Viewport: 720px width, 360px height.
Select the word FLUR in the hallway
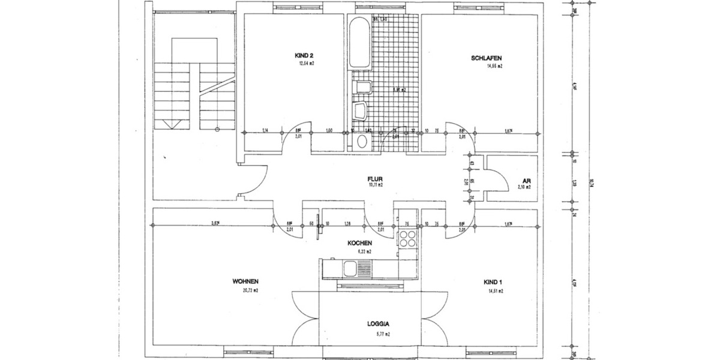tap(376, 179)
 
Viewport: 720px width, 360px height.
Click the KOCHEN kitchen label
tap(361, 243)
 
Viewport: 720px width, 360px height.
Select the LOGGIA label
tap(379, 323)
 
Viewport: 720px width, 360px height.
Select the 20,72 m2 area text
tap(251, 290)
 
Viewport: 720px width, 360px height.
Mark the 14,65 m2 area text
tap(494, 66)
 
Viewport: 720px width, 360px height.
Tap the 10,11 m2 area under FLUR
tap(376, 185)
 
